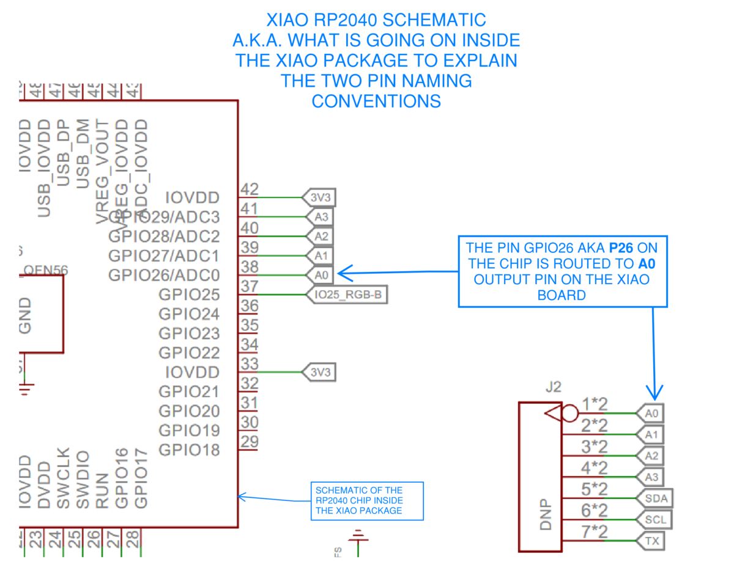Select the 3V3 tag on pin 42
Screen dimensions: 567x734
pyautogui.click(x=319, y=197)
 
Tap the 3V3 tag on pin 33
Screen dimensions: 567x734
pyautogui.click(x=319, y=371)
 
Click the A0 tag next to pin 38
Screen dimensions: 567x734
pyautogui.click(x=321, y=276)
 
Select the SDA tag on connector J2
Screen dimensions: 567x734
pyautogui.click(x=654, y=499)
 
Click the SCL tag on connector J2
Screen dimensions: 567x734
pyautogui.click(x=653, y=520)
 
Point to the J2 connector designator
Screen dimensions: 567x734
pyautogui.click(x=552, y=387)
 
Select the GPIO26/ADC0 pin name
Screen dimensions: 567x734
pyautogui.click(x=163, y=275)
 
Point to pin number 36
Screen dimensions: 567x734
pyautogui.click(x=249, y=305)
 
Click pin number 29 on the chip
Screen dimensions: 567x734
pyautogui.click(x=249, y=442)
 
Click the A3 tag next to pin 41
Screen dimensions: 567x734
pyautogui.click(x=321, y=217)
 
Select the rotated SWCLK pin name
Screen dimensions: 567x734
pyautogui.click(x=63, y=480)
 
